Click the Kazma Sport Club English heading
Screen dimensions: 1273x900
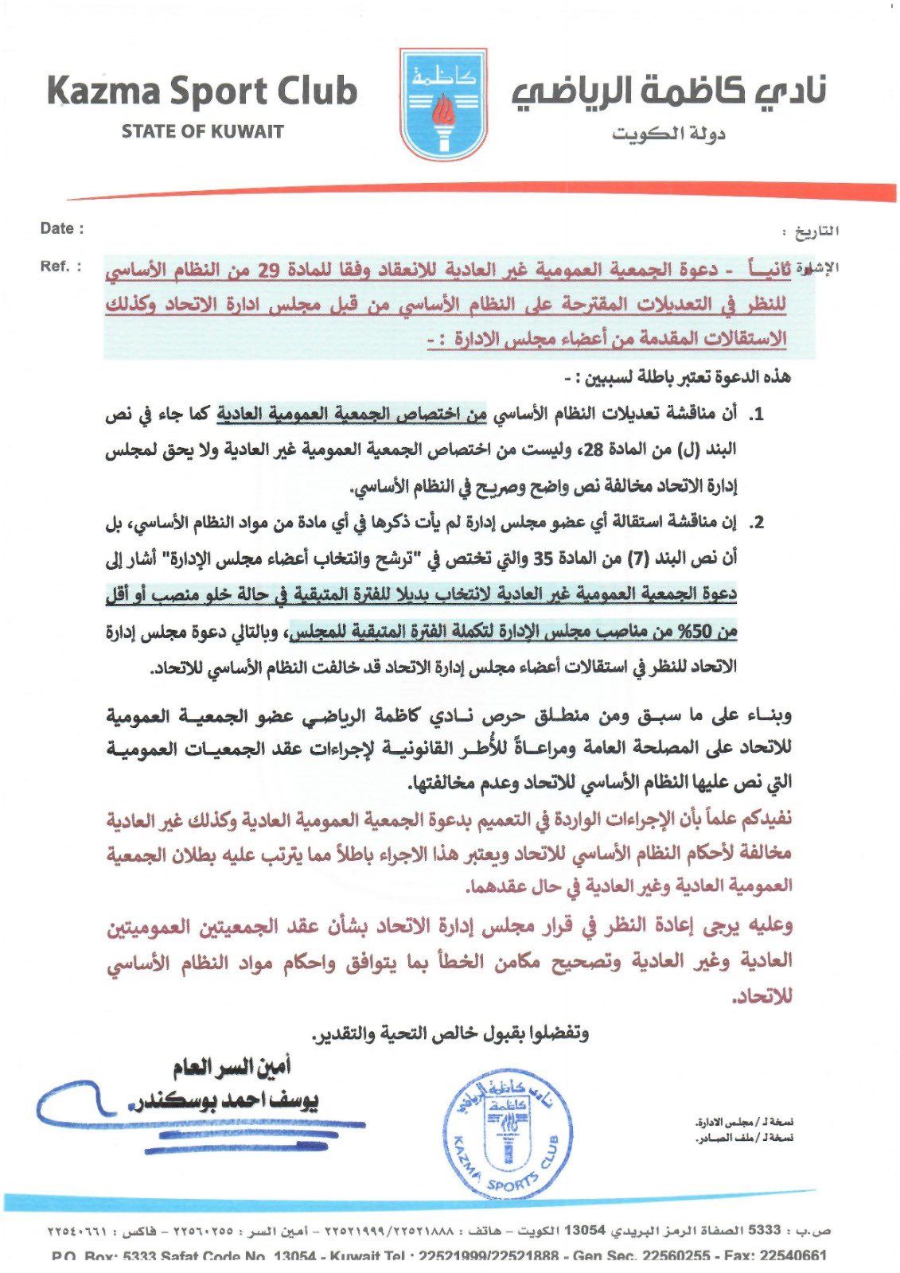click(202, 91)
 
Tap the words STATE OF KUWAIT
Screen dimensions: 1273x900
click(202, 131)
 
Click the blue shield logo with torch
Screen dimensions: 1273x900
click(442, 103)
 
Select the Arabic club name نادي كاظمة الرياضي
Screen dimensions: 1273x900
click(669, 91)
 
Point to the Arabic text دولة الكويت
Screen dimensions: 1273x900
click(668, 133)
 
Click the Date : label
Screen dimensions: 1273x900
click(62, 228)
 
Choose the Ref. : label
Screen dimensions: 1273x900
click(60, 266)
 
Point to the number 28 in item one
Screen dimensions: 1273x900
click(594, 450)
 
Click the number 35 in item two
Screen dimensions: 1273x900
click(543, 559)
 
